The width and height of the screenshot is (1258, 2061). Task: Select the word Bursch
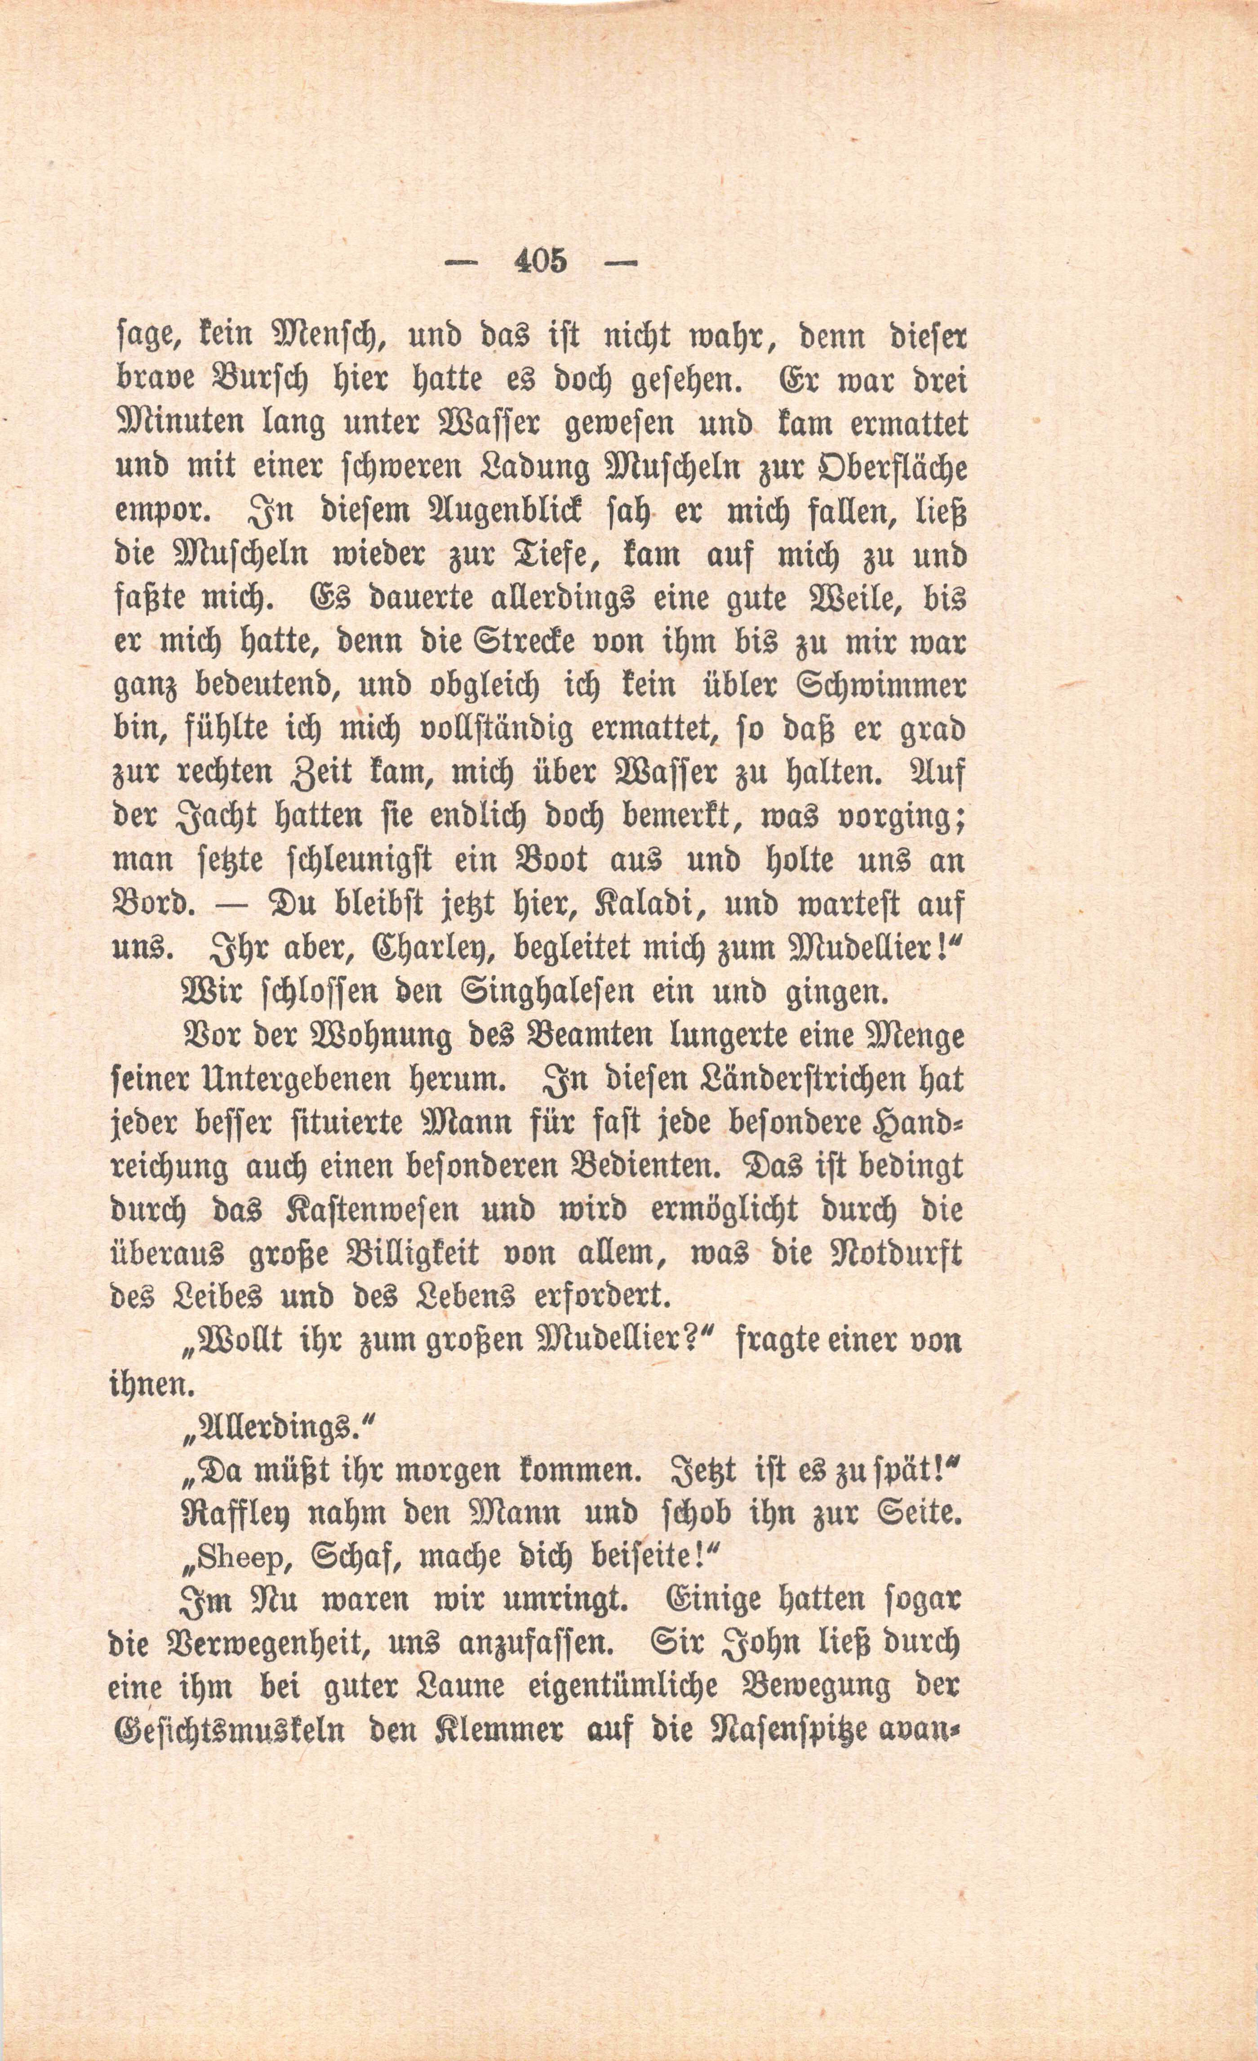pos(251,382)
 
